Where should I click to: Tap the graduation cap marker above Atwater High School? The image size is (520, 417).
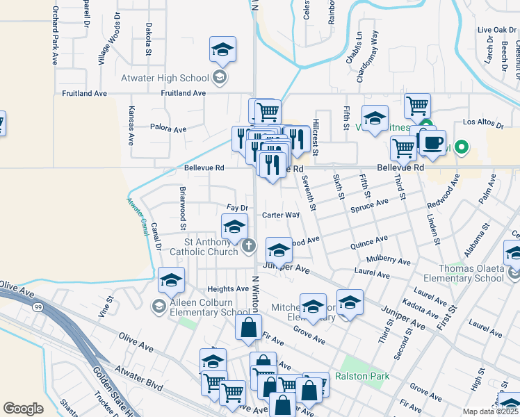[222, 50]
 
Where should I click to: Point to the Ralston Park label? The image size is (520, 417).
[361, 377]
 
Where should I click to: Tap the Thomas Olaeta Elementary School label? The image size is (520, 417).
[461, 273]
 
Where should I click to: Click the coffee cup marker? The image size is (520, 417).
[432, 141]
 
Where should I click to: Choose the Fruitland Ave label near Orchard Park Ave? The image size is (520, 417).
[84, 92]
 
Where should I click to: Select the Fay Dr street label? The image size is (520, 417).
[238, 208]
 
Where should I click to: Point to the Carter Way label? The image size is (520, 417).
[281, 215]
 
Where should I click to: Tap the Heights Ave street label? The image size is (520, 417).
[227, 288]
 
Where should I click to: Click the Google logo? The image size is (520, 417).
[23, 409]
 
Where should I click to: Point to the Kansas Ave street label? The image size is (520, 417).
[131, 125]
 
